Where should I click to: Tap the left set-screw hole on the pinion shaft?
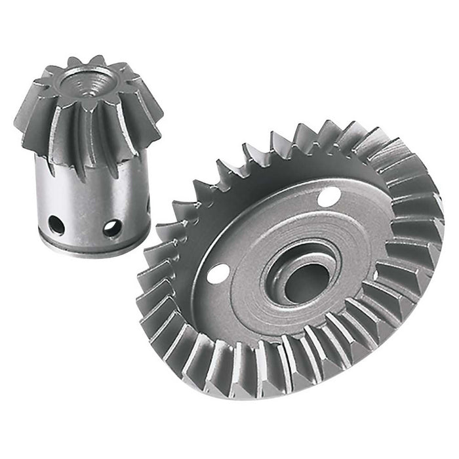(57, 225)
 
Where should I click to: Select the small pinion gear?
(88, 151)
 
